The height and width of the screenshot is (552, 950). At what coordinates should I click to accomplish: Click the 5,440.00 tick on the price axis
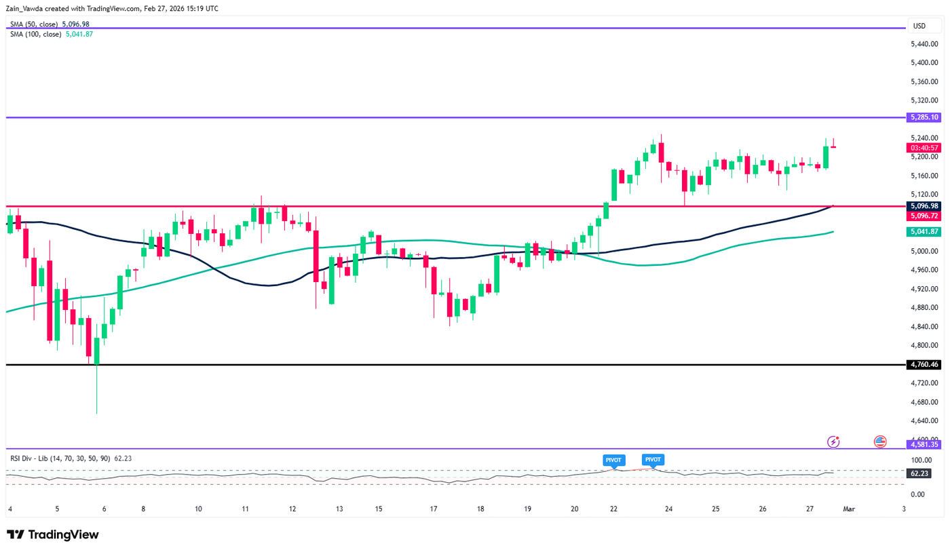(924, 44)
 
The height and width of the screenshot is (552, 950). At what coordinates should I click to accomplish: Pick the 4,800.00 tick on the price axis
(924, 345)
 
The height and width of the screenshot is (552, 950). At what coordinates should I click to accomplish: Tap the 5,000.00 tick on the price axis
(924, 251)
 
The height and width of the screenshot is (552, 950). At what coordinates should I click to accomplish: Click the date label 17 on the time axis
(433, 509)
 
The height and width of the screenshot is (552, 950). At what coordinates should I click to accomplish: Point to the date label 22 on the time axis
(613, 509)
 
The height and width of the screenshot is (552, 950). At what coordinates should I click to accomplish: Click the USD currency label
(919, 26)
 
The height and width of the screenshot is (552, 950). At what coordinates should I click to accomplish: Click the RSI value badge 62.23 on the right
(919, 474)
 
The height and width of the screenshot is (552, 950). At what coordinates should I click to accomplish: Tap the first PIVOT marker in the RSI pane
(613, 460)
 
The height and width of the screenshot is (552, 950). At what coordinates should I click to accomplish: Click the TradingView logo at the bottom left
(53, 534)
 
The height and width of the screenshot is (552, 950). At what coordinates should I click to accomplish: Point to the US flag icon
(880, 442)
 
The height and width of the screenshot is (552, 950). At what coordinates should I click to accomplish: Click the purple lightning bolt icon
(833, 442)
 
